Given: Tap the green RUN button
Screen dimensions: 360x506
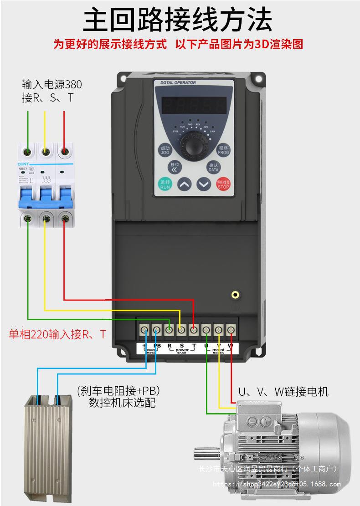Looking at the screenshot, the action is pos(165,184).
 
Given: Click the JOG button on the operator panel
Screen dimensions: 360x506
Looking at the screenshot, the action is pos(165,150).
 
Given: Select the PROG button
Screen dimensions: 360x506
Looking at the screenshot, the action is pos(223,150).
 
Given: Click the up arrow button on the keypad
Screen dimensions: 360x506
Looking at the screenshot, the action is pos(184,184).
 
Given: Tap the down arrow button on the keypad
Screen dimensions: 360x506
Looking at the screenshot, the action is pos(204,184).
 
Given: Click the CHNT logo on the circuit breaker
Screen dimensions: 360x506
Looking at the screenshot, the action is pos(23,164).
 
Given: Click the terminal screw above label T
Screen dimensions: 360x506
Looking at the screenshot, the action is pos(194,329).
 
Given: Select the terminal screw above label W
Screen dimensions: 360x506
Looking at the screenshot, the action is pos(231,329).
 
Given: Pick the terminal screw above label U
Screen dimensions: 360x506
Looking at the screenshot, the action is pos(206,329).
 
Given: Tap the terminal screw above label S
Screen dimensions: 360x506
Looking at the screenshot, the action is pos(181,329).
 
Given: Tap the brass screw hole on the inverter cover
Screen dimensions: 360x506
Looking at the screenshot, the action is pos(235,294).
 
